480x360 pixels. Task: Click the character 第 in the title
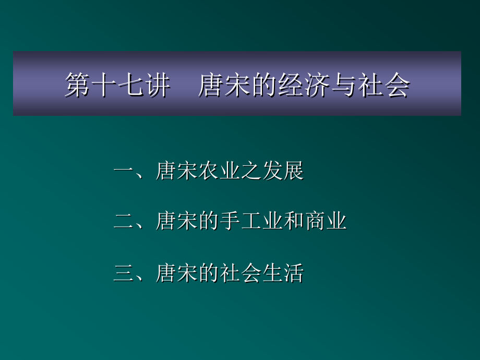coord(77,85)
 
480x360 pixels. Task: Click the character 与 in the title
coord(344,85)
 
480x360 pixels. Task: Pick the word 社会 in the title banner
coord(384,85)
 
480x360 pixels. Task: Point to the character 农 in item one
coord(209,170)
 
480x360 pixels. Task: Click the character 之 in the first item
coord(251,170)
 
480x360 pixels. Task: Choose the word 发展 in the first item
coord(283,170)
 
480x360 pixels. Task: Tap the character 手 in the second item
coord(230,221)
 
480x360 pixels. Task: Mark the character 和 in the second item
coord(294,221)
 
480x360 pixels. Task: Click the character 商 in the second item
coord(315,221)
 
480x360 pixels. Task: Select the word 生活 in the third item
coord(283,273)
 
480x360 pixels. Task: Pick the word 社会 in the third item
coord(241,273)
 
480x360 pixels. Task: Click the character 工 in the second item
coord(251,221)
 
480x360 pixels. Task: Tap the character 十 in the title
coord(104,85)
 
